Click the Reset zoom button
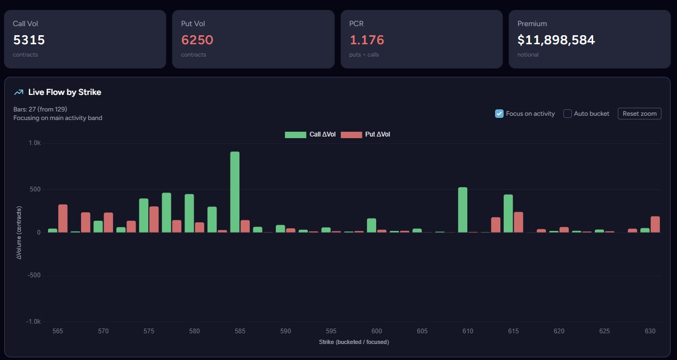click(639, 114)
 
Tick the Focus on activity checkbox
click(499, 114)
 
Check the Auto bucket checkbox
click(567, 114)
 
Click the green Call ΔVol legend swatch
click(295, 135)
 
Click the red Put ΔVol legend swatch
click(351, 135)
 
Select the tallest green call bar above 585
click(235, 192)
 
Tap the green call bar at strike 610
click(463, 210)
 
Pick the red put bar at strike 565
click(63, 219)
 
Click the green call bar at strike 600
click(371, 226)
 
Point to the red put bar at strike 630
click(655, 225)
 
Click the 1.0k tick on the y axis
click(35, 143)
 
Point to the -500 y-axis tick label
click(34, 275)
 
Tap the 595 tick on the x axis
click(331, 331)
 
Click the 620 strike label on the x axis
click(559, 331)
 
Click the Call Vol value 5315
click(29, 40)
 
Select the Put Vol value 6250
click(197, 40)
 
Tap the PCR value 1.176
click(367, 40)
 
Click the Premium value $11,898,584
click(556, 40)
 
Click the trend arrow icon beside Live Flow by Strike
click(19, 92)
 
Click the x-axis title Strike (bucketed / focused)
click(354, 342)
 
